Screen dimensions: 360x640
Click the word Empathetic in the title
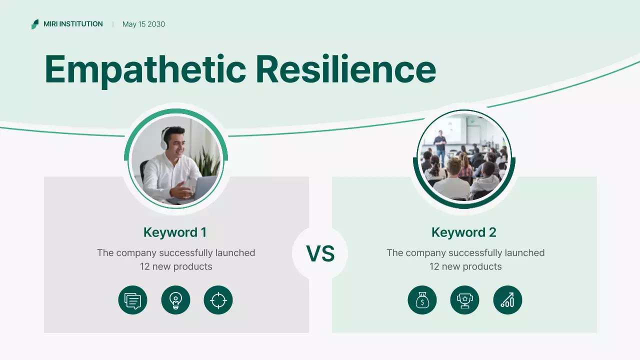click(x=145, y=69)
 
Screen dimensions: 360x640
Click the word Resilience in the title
click(x=345, y=69)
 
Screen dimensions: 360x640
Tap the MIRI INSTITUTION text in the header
click(x=73, y=24)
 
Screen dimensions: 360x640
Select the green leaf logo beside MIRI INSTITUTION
click(x=35, y=24)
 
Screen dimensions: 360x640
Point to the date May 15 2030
click(x=143, y=24)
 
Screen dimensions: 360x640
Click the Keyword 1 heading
click(x=175, y=232)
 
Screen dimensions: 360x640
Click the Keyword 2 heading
click(x=464, y=232)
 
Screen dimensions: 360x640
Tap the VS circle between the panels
click(x=320, y=254)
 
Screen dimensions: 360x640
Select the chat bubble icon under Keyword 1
click(x=132, y=300)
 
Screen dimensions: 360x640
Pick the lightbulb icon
click(x=175, y=300)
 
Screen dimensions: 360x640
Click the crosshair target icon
click(x=218, y=300)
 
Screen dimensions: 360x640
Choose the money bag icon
click(x=422, y=300)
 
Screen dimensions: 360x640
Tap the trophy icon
click(x=465, y=300)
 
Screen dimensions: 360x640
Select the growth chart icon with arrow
click(x=507, y=300)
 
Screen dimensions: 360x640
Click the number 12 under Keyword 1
click(x=145, y=266)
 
